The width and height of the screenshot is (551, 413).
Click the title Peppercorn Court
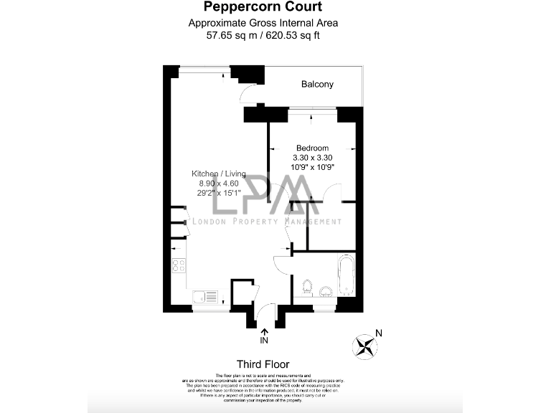click(263, 7)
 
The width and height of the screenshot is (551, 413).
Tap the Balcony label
click(317, 85)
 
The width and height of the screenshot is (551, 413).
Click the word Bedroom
click(312, 148)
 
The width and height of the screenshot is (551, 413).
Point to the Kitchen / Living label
click(218, 174)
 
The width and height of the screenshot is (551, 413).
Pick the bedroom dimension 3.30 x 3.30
click(312, 157)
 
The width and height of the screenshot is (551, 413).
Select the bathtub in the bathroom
click(345, 277)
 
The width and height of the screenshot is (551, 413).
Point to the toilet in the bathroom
click(306, 287)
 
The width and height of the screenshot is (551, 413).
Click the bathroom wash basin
click(325, 290)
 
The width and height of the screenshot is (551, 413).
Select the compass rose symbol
click(365, 346)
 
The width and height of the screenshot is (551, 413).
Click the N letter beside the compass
click(380, 333)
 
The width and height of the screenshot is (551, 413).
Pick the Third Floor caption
click(263, 364)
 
